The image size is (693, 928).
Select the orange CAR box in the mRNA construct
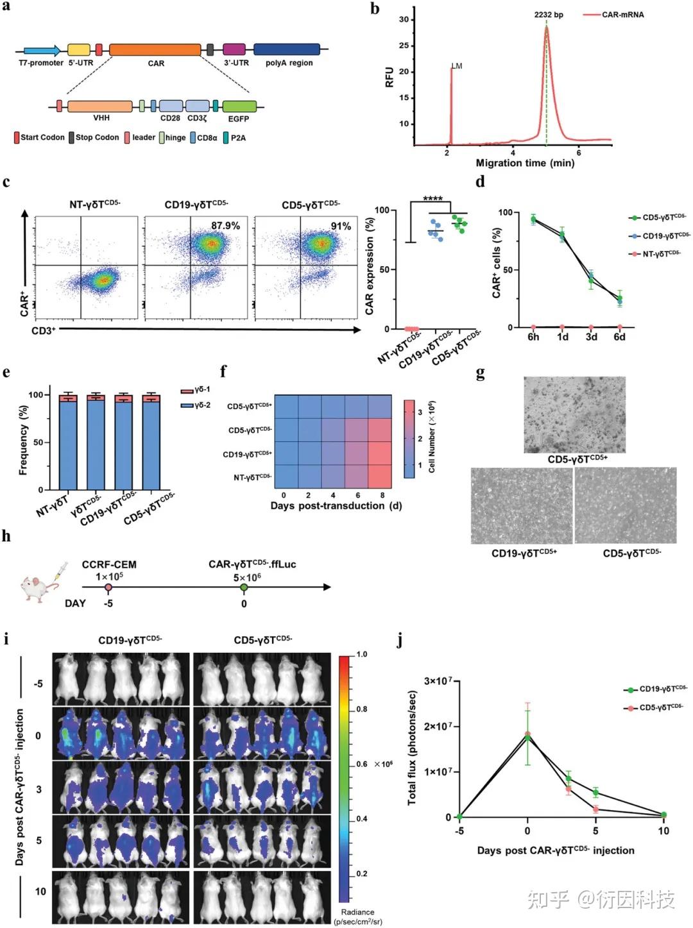(x=155, y=50)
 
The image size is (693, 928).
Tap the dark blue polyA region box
(x=286, y=49)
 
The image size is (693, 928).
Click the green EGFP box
(x=239, y=106)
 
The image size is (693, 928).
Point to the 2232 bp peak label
(x=549, y=15)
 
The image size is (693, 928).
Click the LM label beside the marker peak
(x=457, y=66)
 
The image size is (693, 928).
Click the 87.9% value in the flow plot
(x=225, y=226)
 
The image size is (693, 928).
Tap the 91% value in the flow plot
(x=340, y=226)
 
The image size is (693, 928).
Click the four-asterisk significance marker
(x=433, y=199)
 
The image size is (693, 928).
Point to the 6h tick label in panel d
(x=533, y=337)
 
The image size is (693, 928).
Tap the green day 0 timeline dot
(x=244, y=587)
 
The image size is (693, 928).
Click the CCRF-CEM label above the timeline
(x=109, y=565)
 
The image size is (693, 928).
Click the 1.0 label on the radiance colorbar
(x=362, y=655)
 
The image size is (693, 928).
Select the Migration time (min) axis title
(x=525, y=164)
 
